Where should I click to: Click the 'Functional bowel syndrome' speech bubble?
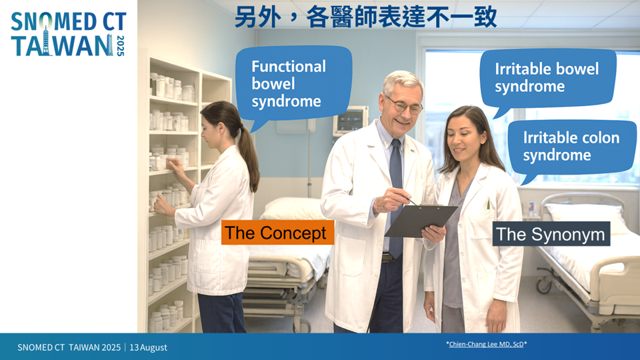coord(294,84)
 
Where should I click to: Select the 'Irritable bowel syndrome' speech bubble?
coord(548,77)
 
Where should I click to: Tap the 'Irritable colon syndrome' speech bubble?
coord(572,146)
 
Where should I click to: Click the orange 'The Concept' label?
coord(277,233)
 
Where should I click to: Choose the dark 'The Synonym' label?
coord(551,234)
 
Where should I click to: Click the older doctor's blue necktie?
coord(395,196)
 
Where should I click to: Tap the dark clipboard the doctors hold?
coord(421,221)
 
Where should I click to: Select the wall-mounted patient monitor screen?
coord(351,121)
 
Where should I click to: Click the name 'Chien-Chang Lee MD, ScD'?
coord(486,344)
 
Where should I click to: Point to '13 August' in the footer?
coord(148,347)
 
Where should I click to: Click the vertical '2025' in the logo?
coord(121,45)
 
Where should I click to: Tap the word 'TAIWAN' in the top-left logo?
coord(61,45)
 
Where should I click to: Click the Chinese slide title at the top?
coord(366,18)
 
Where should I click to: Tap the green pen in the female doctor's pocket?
coord(488,204)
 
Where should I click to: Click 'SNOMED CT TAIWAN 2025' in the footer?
coord(69,347)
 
